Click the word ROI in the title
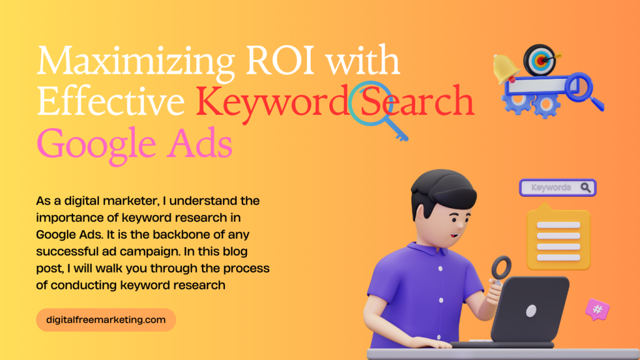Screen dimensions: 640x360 pyautogui.click(x=280, y=61)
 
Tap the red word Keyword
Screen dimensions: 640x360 pyautogui.click(x=272, y=101)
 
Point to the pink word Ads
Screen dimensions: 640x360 pyautogui.click(x=199, y=143)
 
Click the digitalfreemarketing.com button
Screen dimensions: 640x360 pyautogui.click(x=106, y=319)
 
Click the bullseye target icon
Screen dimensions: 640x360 pyautogui.click(x=541, y=61)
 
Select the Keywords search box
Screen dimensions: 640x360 pyautogui.click(x=557, y=187)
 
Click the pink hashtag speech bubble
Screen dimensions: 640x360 pyautogui.click(x=597, y=309)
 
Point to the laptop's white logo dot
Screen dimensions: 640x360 pyautogui.click(x=531, y=311)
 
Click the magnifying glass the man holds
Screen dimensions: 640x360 pyautogui.click(x=501, y=269)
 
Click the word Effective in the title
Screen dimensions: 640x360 pyautogui.click(x=111, y=101)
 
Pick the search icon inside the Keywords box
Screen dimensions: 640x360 pyautogui.click(x=586, y=187)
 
